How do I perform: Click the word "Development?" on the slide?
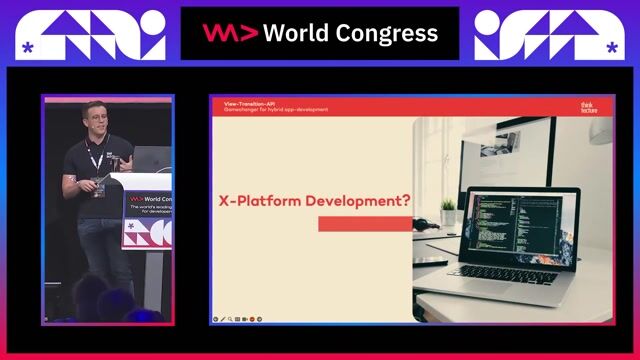click(x=361, y=200)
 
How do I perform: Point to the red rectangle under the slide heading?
click(x=365, y=224)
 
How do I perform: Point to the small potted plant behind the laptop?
click(x=449, y=209)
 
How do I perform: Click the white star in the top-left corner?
click(x=27, y=47)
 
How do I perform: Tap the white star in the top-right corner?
click(x=611, y=47)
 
